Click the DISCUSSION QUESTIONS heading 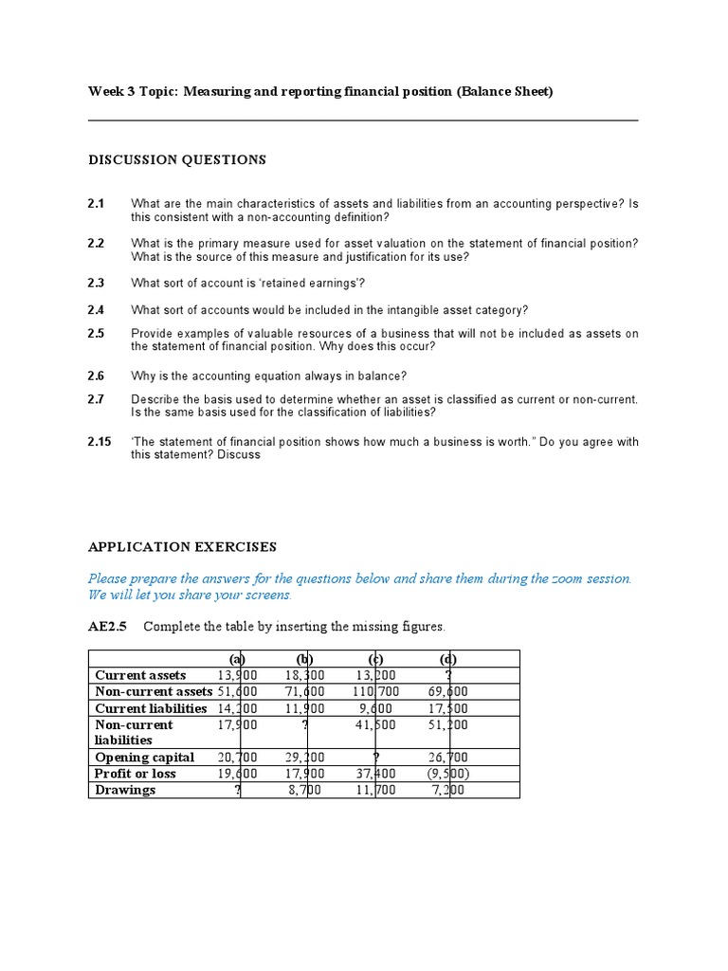(x=177, y=160)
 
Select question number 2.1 (x=96, y=204)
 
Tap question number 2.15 (x=100, y=442)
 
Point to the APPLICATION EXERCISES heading (x=182, y=547)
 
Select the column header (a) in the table (x=237, y=659)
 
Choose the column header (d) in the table (x=449, y=659)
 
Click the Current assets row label (x=140, y=675)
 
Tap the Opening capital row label (x=144, y=757)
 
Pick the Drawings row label (x=125, y=790)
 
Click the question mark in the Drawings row (x=237, y=790)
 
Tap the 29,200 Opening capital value (x=304, y=757)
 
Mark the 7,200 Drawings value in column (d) (x=449, y=790)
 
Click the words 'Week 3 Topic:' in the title (x=133, y=92)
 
